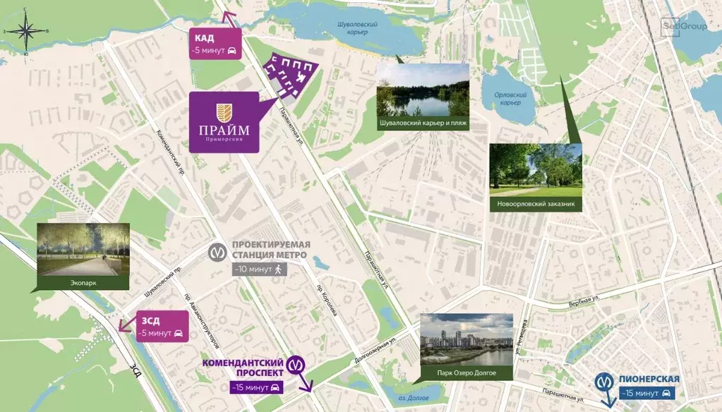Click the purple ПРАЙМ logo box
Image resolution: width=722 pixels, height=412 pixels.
coord(224,121)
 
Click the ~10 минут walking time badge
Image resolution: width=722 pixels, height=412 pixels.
coord(259,269)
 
